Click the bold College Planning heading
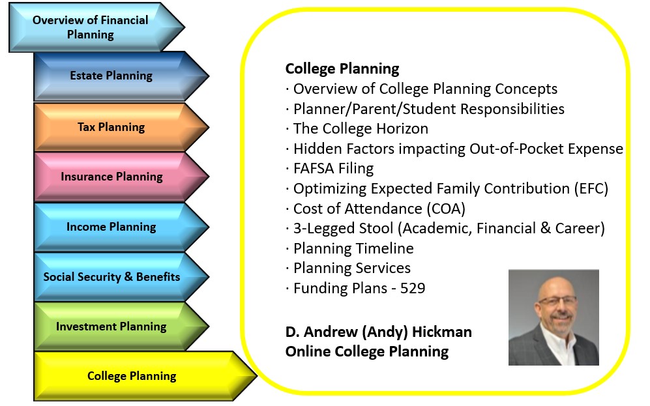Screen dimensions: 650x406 (x=342, y=69)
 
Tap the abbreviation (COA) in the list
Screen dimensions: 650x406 (x=446, y=209)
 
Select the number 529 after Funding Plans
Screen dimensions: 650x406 (x=413, y=288)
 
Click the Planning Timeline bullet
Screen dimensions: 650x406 (x=349, y=248)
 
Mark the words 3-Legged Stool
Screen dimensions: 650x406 (x=343, y=229)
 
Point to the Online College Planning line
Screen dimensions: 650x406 (x=367, y=352)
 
